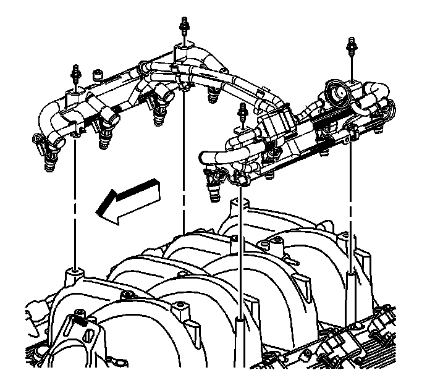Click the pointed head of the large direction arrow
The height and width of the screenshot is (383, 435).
pos(97,212)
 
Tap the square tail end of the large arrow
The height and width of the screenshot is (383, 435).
pos(156,185)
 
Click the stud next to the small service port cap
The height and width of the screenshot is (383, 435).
pos(77,72)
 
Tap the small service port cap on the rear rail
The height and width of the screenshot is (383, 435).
pos(97,77)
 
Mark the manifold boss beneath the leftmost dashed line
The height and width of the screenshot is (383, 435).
pos(74,272)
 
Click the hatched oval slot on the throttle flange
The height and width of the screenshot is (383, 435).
pos(88,339)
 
